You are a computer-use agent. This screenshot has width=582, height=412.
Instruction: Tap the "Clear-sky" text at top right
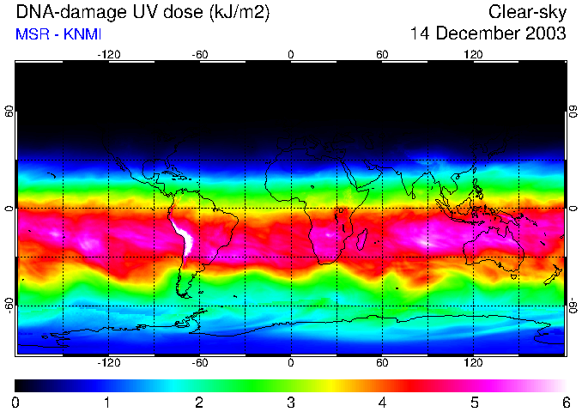pos(527,12)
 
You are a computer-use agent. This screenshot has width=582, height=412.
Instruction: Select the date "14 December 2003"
pos(488,33)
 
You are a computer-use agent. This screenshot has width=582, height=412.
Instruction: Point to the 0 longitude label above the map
pos(291,54)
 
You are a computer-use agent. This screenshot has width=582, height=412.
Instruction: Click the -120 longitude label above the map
pos(108,54)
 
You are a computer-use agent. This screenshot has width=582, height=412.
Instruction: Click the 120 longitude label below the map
pos(474,362)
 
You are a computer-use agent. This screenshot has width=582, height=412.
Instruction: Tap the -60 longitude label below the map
pos(199,362)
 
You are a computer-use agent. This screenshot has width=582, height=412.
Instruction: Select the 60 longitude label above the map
pos(382,54)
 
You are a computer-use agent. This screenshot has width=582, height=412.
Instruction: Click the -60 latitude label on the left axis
pos(9,305)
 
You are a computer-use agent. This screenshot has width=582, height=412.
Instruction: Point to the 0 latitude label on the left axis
pos(9,209)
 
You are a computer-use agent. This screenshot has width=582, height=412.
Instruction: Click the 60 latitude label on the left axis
pos(9,112)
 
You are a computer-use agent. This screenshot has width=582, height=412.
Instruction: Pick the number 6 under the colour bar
pos(565,402)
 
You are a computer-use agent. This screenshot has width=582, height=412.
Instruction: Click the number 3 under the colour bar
pos(290,402)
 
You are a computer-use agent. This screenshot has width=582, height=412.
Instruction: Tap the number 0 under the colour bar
pos(16,402)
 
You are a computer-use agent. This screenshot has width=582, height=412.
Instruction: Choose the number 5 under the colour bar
pos(474,402)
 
